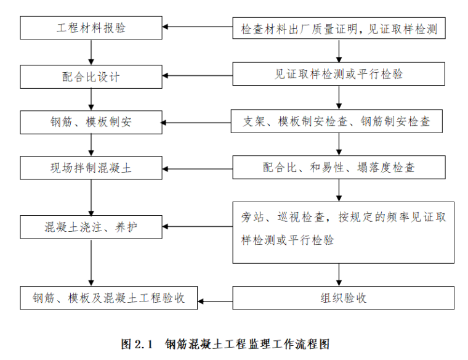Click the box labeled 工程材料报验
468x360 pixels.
91,28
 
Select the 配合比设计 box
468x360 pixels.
91,76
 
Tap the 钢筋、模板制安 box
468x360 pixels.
91,122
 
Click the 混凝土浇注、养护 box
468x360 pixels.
91,227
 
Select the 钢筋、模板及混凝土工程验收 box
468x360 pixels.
109,298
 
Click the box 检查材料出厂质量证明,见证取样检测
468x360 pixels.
339,28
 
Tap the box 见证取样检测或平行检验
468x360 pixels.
339,74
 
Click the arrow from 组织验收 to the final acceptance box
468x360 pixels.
210,301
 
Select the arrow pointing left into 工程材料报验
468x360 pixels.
198,28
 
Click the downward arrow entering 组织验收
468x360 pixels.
339,274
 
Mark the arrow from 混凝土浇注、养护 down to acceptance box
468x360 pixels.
91,263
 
